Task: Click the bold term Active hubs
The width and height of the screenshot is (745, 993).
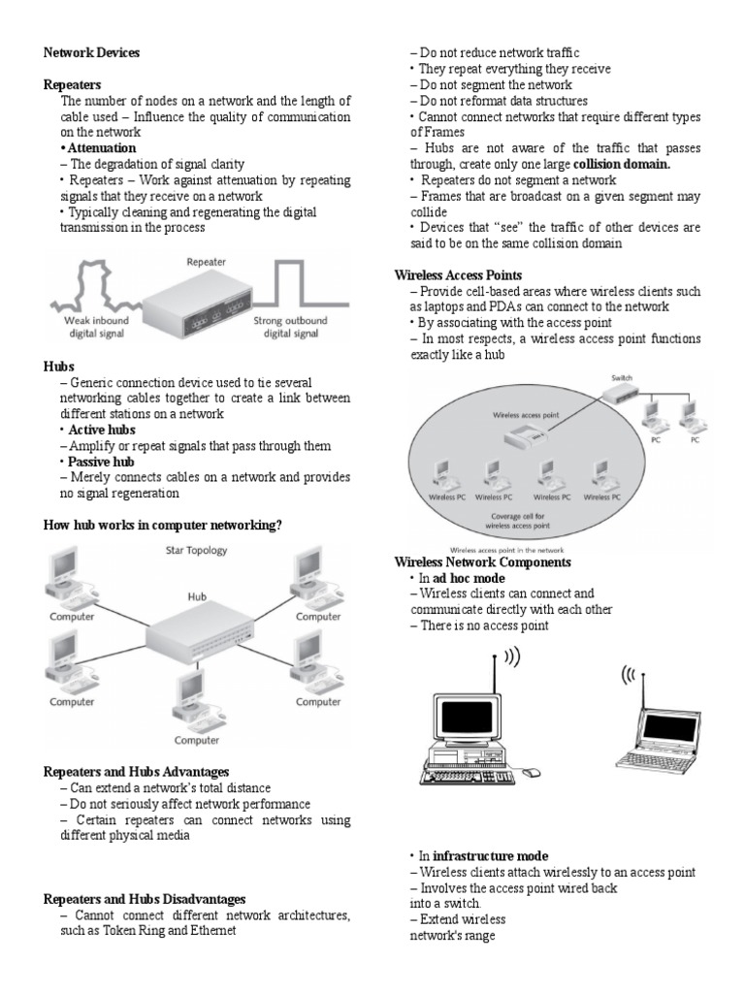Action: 100,430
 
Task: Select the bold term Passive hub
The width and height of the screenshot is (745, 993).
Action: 100,462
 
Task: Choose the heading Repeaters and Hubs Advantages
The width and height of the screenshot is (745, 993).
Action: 137,772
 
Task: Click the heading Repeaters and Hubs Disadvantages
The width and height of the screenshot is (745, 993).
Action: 145,899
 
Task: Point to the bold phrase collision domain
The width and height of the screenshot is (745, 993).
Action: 622,164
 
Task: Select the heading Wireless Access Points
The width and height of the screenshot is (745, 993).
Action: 458,275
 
